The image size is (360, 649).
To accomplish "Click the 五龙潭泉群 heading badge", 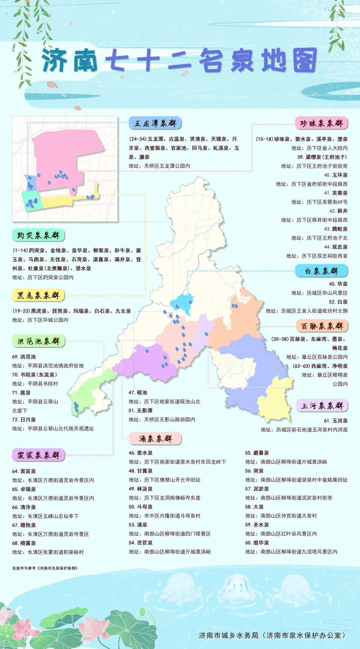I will coord(155,123).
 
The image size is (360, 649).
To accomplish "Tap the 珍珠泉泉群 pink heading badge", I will coord(321,123).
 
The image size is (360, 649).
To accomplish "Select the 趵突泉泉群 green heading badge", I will coord(38,235).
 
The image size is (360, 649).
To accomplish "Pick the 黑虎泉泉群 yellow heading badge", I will coord(38,295).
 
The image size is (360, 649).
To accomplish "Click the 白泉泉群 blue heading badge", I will coord(321,271).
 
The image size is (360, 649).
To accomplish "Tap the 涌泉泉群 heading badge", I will coord(155,439).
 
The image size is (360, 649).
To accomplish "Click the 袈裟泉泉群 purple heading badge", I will coord(38,455).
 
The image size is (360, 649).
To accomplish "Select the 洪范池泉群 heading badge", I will coord(38,341).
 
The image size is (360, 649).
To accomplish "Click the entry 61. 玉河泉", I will coord(335,421).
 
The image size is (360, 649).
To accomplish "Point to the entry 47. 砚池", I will coord(138,393).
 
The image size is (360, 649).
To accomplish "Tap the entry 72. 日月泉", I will coord(24,420).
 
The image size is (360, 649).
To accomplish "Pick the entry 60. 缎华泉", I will coord(257,543).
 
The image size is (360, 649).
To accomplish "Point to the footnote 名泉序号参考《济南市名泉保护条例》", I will coord(45,568).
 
